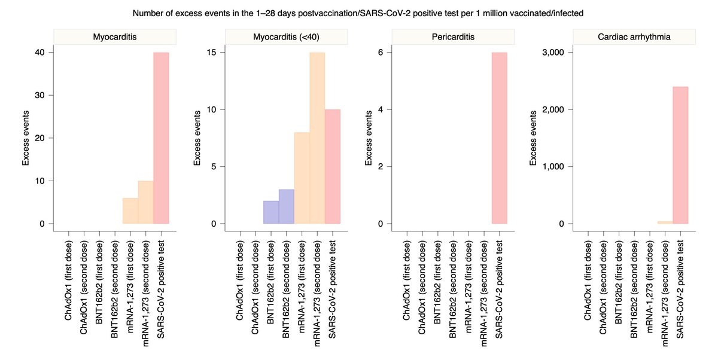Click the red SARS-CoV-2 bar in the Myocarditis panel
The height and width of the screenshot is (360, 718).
point(161,138)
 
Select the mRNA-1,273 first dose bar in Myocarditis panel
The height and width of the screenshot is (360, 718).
point(130,210)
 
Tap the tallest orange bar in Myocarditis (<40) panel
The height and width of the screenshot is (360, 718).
point(317,138)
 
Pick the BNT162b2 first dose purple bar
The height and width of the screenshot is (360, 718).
point(271,212)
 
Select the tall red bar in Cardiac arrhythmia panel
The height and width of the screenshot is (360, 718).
point(680,155)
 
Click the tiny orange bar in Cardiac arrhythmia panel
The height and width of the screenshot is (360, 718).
point(665,222)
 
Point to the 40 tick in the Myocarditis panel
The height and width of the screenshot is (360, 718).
point(39,53)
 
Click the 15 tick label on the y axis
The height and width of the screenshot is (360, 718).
point(212,53)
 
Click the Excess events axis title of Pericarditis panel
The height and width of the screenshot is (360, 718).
point(369,138)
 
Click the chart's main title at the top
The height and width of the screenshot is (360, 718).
point(358,13)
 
